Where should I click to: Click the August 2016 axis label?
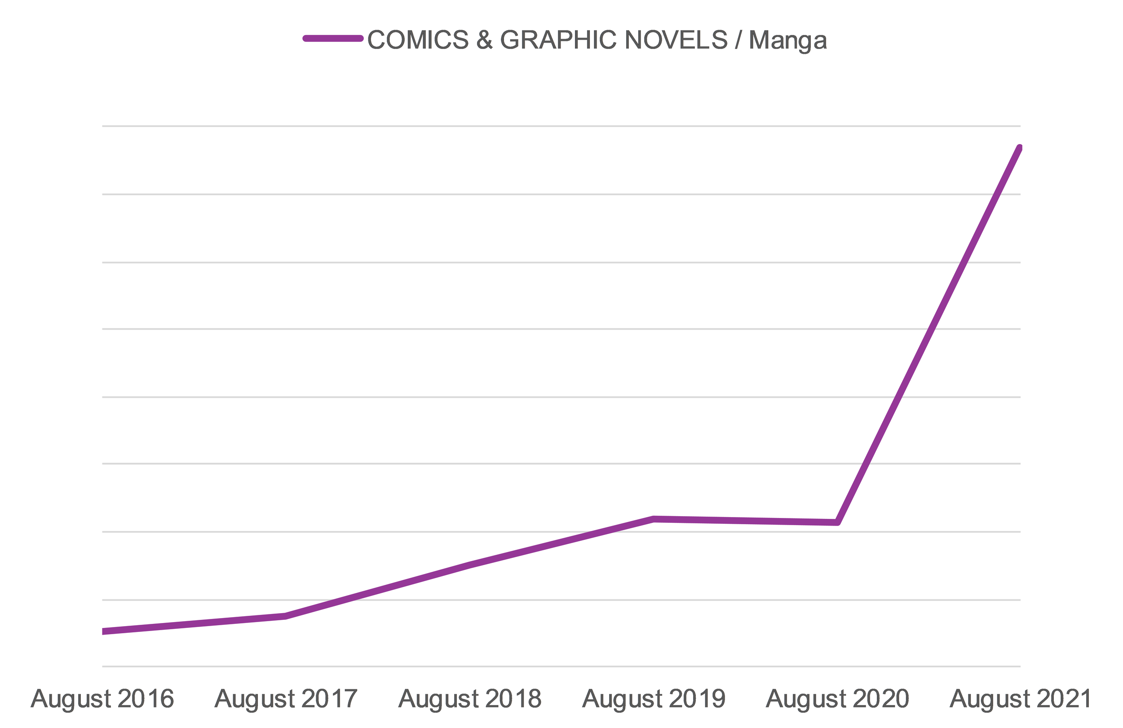tap(102, 699)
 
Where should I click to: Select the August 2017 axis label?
tap(286, 699)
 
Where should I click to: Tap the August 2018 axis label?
tap(470, 699)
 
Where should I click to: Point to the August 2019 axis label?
tap(654, 699)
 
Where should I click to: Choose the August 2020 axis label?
tap(837, 699)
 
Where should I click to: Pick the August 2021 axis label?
tap(1021, 699)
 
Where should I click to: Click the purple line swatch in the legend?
tap(333, 39)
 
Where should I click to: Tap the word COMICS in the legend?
tap(418, 39)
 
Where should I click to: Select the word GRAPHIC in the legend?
tap(558, 39)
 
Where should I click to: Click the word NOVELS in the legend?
tap(676, 39)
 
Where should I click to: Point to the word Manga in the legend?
tap(788, 40)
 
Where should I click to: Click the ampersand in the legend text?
tap(485, 39)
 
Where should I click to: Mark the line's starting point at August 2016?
tap(103, 632)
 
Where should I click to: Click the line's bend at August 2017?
tap(286, 616)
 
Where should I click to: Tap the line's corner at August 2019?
tap(654, 519)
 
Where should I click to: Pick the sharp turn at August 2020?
tap(837, 522)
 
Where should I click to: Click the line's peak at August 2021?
tap(1020, 148)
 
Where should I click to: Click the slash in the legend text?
tap(738, 39)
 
